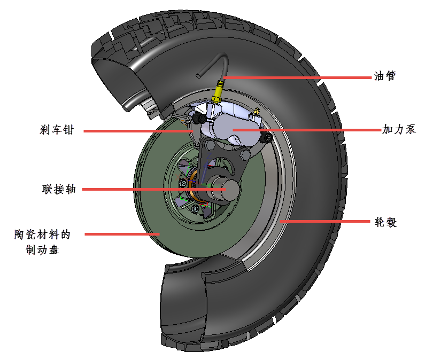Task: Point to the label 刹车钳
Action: [56, 130]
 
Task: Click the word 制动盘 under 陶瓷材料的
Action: [42, 249]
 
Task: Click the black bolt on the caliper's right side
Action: [267, 138]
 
